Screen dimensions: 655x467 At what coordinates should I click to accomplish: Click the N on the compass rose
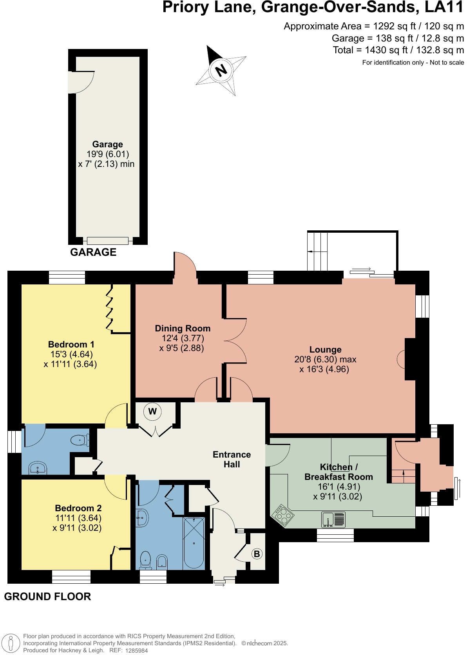pyautogui.click(x=221, y=70)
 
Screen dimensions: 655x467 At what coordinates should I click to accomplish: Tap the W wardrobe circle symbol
pyautogui.click(x=152, y=411)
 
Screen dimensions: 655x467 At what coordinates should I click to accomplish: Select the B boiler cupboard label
pyautogui.click(x=257, y=554)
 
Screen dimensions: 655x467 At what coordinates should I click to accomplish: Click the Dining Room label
pyautogui.click(x=183, y=328)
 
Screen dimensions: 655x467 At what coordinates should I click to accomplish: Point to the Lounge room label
pyautogui.click(x=325, y=349)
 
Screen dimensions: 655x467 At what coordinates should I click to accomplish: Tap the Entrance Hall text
pyautogui.click(x=232, y=459)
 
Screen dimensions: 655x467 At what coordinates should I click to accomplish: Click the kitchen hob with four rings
pyautogui.click(x=283, y=514)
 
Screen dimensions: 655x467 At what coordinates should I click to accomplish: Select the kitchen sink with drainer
pyautogui.click(x=333, y=519)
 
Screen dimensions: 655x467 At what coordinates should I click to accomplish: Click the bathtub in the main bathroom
pyautogui.click(x=194, y=543)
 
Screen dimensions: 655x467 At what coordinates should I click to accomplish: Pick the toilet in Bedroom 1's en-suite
pyautogui.click(x=80, y=440)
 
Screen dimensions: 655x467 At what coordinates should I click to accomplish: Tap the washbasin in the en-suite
pyautogui.click(x=38, y=468)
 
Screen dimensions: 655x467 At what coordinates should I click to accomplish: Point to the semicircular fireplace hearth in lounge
pyautogui.click(x=401, y=359)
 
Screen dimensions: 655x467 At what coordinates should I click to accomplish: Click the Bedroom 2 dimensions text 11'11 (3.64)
pyautogui.click(x=78, y=518)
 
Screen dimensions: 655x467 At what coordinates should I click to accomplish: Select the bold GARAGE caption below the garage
pyautogui.click(x=93, y=252)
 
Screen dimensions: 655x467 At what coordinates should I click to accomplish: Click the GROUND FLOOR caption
pyautogui.click(x=47, y=596)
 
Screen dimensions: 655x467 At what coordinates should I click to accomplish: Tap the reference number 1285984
pyautogui.click(x=136, y=650)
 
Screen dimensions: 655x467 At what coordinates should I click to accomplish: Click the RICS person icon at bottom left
pyautogui.click(x=11, y=643)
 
